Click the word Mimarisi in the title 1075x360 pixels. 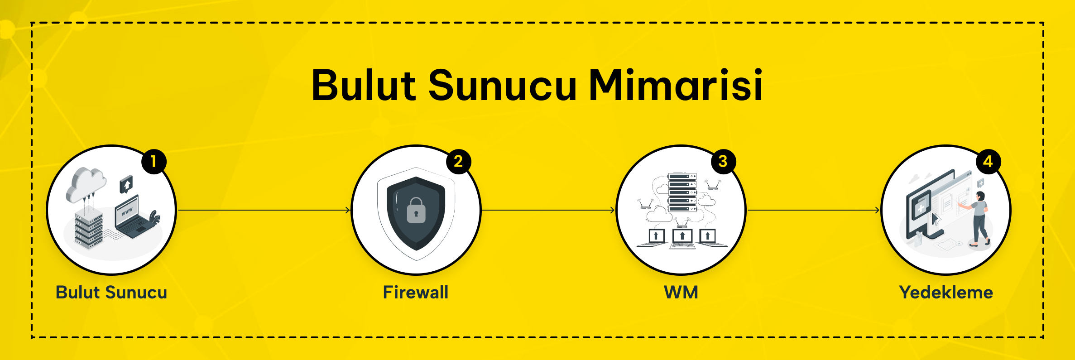point(676,85)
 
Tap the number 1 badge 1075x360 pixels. point(154,161)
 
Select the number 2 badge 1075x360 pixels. point(458,161)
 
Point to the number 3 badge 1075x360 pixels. point(723,161)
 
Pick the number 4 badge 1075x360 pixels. point(988,161)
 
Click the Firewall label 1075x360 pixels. point(416,293)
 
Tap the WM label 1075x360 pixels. point(681,293)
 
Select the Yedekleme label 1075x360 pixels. point(946,293)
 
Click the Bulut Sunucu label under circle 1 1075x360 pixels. point(111,293)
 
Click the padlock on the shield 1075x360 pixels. point(416,211)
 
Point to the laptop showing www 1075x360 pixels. point(131,217)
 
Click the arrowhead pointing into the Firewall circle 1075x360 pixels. point(348,210)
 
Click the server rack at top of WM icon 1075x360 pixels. point(682,192)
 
